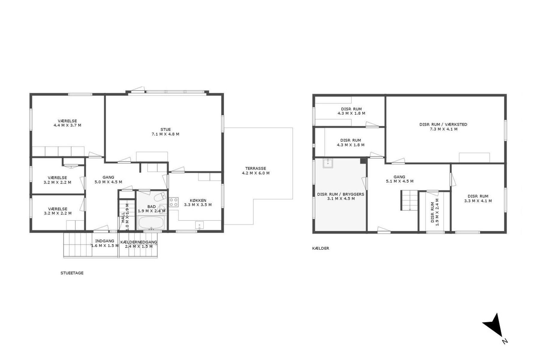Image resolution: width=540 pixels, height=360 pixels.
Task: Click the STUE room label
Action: coord(166,130)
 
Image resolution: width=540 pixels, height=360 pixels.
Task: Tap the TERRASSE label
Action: coord(256,168)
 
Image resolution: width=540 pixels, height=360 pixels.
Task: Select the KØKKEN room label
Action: coord(198,200)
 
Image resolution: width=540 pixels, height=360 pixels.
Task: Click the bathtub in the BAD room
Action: coord(151,223)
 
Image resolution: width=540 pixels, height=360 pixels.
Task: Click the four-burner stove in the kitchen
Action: coord(174,202)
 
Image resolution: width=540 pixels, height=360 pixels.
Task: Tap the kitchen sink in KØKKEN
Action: coord(199,225)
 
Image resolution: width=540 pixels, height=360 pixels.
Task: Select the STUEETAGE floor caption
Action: coord(72,273)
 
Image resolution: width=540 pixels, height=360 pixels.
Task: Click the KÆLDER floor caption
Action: coord(321,248)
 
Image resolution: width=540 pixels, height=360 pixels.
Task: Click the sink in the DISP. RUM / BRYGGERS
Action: coord(328,163)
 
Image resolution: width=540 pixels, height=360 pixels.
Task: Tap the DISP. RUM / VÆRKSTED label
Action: coord(443,124)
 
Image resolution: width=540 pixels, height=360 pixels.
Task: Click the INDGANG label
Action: coord(105,241)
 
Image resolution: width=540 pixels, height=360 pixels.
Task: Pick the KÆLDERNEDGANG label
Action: coord(139,242)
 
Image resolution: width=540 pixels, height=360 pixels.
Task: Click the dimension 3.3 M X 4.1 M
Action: coord(478,201)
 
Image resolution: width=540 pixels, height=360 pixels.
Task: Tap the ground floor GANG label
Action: coord(108,177)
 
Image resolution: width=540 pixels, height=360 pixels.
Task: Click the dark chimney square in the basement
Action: coord(363,161)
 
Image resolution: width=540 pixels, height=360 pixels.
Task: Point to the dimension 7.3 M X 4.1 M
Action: coord(443,129)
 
